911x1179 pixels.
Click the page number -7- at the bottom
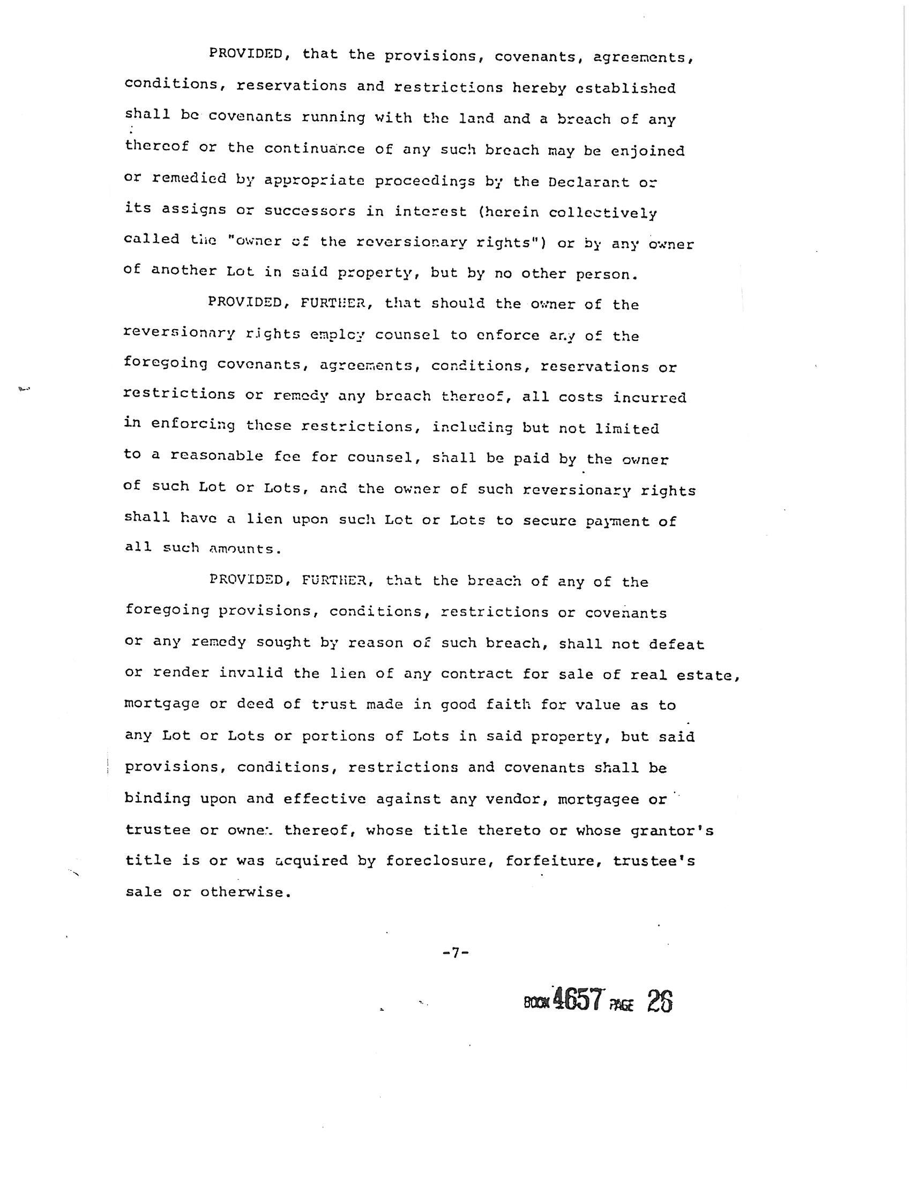[x=455, y=953]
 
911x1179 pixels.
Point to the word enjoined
[x=648, y=152]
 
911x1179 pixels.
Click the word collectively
[x=603, y=213]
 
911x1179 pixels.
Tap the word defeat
[x=677, y=644]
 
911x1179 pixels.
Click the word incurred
[x=649, y=398]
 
